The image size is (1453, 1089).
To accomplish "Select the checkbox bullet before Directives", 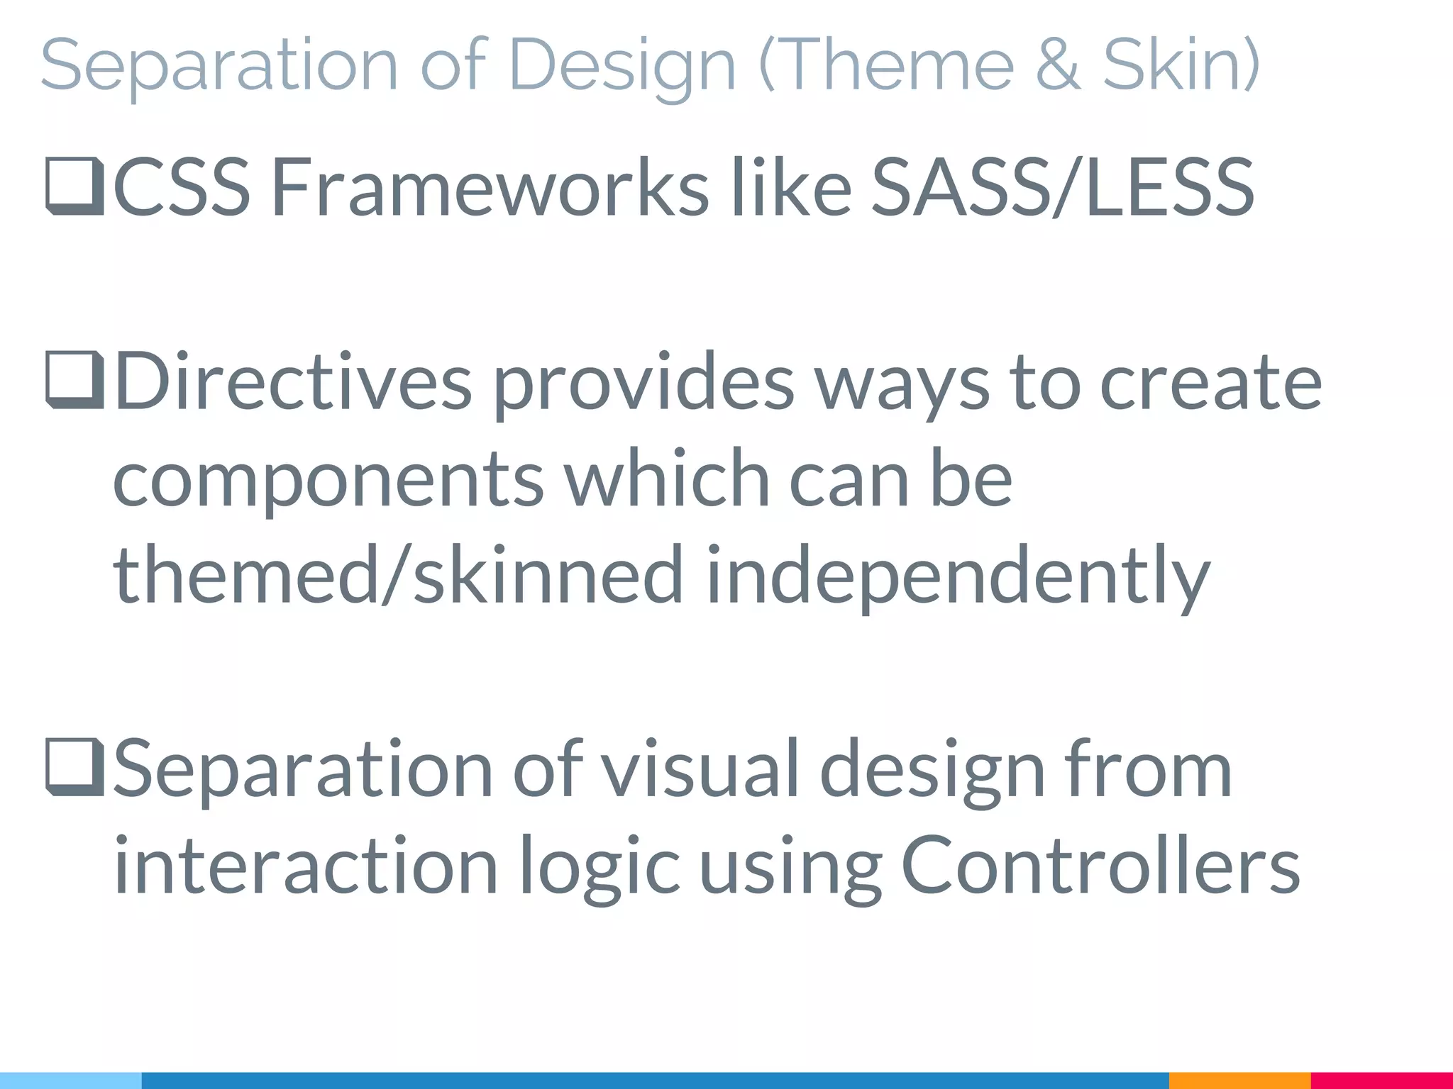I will click(74, 383).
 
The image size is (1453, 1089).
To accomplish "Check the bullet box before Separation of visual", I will click(74, 769).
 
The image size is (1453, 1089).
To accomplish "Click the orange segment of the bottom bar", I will click(1239, 1080).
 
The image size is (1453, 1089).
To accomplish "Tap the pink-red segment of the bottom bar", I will click(1381, 1080).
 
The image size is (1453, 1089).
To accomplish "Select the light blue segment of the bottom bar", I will click(70, 1080).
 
